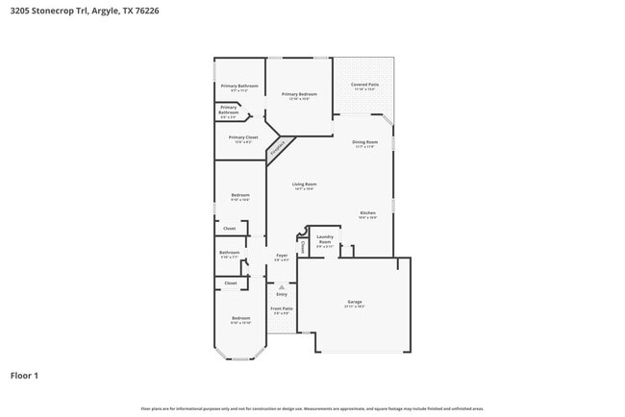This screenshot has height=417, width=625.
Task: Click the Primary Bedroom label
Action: click(x=300, y=94)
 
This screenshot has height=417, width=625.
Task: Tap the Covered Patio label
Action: click(x=363, y=86)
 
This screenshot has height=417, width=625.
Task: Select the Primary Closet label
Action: click(x=243, y=138)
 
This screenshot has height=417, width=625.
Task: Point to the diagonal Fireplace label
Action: click(x=278, y=148)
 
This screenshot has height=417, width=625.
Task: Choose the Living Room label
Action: click(x=305, y=185)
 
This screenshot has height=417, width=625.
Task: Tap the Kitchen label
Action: click(x=368, y=214)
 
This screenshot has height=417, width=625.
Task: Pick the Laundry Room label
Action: click(x=325, y=240)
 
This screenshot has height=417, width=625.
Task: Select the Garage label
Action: click(x=355, y=303)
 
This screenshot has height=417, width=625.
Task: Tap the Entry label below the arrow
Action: click(x=282, y=293)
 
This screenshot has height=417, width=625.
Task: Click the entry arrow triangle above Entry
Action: click(x=282, y=285)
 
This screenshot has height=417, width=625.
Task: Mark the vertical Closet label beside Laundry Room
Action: click(x=304, y=247)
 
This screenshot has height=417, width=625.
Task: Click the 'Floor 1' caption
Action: click(x=24, y=376)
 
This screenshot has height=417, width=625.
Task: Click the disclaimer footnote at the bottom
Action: click(x=312, y=409)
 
